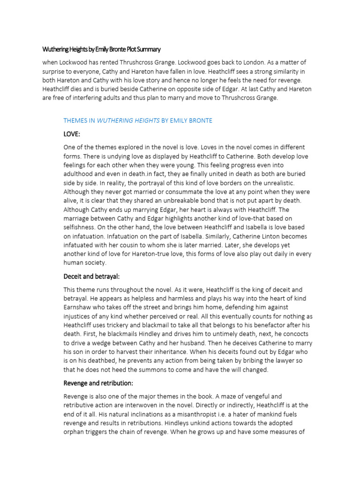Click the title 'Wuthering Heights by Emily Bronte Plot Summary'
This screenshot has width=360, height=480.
pyautogui.click(x=101, y=49)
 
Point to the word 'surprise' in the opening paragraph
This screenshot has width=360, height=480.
pyautogui.click(x=55, y=71)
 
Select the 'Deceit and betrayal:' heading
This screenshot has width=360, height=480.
pyautogui.click(x=95, y=276)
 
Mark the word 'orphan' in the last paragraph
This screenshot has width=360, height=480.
pyautogui.click(x=75, y=432)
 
